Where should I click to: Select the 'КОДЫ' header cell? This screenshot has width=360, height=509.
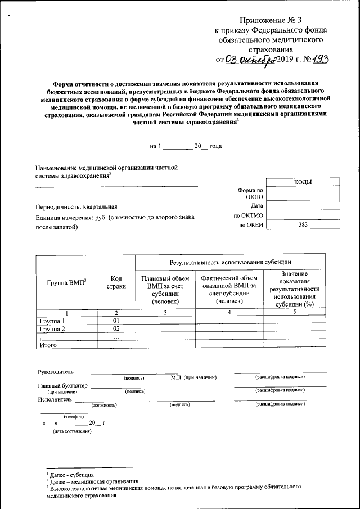303,182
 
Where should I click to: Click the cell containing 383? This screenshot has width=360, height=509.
303,225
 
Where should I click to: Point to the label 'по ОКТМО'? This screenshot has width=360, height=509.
248,215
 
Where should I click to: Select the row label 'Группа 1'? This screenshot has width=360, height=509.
52,321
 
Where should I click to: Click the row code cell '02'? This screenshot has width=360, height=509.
116,328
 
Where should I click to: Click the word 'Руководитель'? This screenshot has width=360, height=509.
55,372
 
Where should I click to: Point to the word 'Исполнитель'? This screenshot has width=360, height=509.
55,400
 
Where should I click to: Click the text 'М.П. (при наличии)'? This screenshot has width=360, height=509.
193,377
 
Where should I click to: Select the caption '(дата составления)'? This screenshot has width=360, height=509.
71,431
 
